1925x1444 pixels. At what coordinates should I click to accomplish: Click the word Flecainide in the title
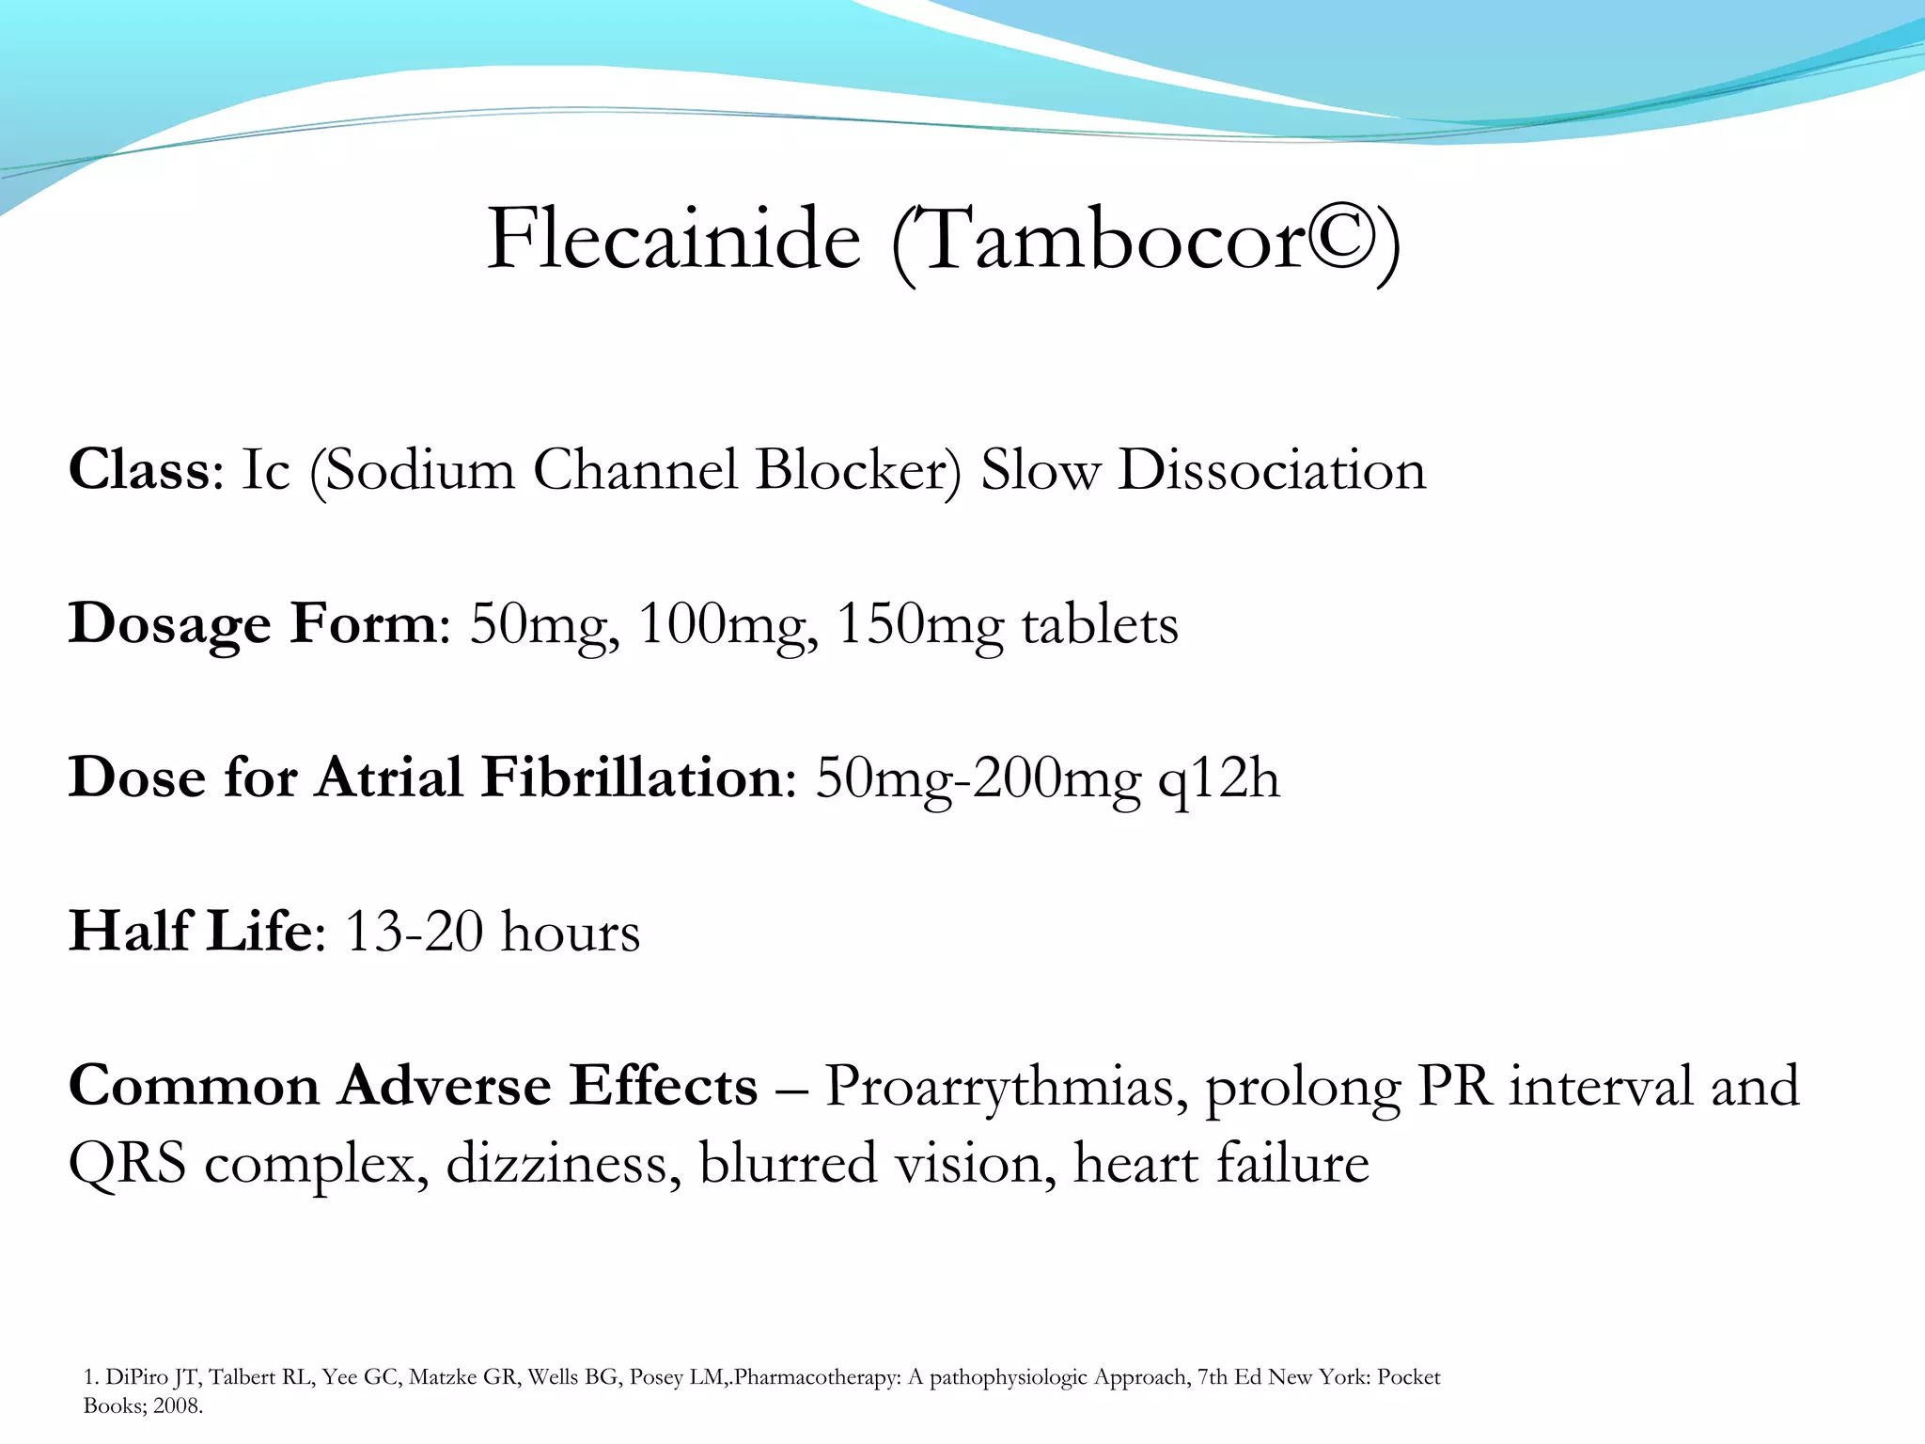pos(674,239)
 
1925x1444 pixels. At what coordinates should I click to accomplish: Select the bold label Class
pos(139,469)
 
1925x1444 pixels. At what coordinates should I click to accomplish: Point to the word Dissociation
pos(1272,469)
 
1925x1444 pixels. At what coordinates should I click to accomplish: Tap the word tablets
pos(1100,623)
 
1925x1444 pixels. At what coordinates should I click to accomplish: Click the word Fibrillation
pos(632,777)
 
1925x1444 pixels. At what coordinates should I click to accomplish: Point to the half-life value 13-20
pos(414,932)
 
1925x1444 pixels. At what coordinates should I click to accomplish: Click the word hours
pos(571,932)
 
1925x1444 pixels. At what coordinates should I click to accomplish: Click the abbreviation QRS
pos(127,1164)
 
